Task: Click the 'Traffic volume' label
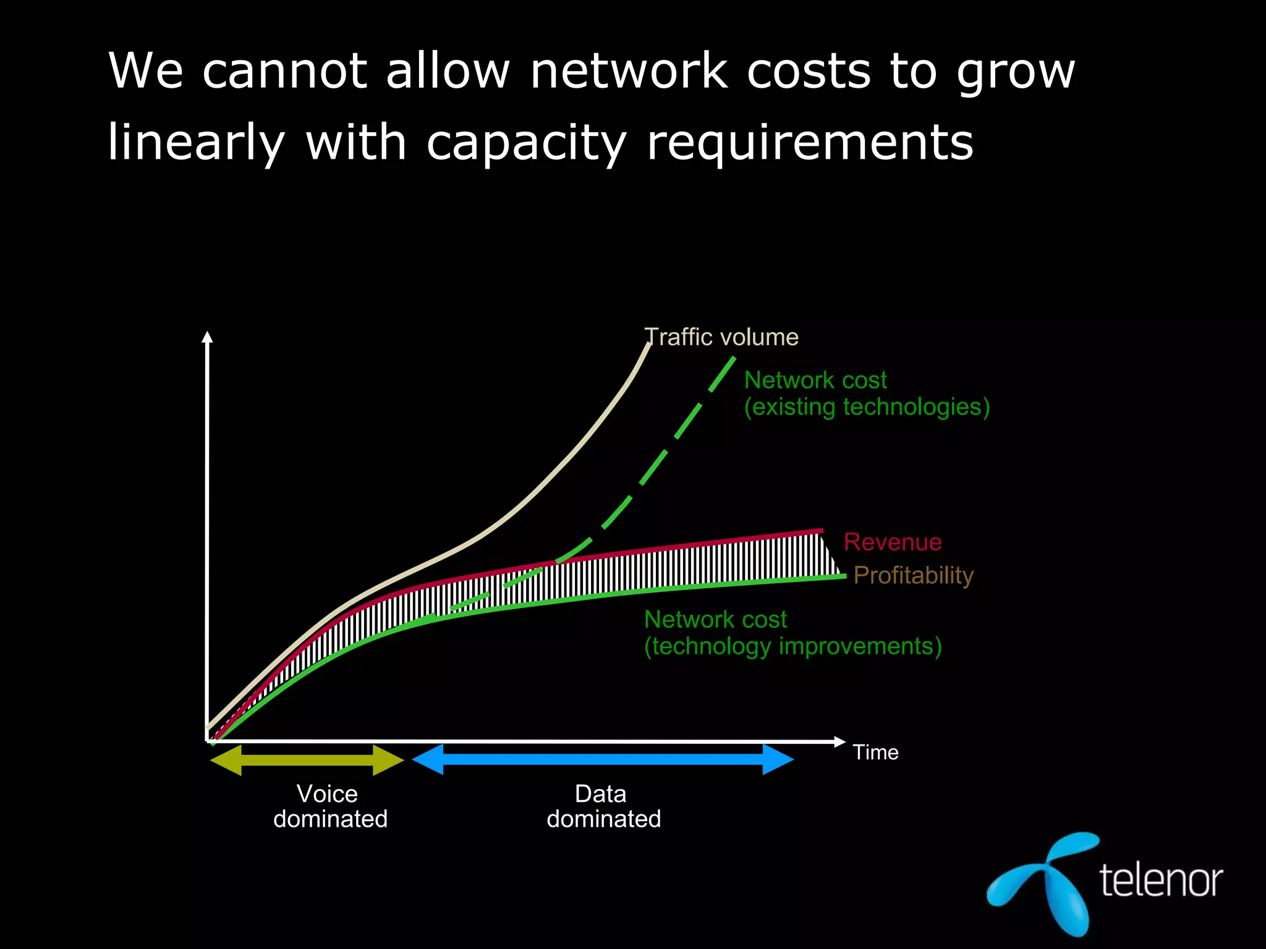721,337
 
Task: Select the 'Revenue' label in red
893,542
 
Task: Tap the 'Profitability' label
913,575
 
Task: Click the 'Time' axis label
875,753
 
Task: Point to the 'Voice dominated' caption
330,806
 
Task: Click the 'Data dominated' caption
603,806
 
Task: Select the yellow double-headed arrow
307,760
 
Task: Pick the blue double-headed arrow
603,759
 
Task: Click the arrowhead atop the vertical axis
208,337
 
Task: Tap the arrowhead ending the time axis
839,741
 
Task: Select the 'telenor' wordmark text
1161,880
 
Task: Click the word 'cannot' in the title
284,72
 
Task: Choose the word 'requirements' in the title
810,143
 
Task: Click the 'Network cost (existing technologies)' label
866,394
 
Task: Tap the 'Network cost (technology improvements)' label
792,633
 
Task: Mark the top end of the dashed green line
733,359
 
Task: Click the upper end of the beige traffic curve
648,345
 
